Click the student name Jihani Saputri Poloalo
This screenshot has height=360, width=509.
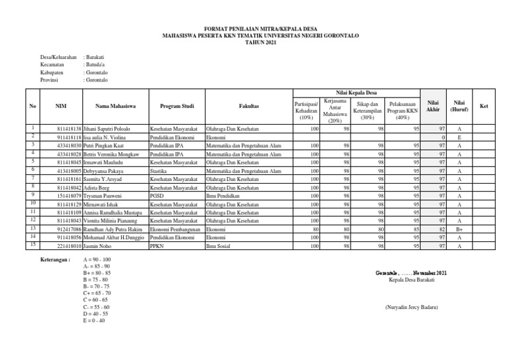[107, 129]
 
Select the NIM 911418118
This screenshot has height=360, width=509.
[70, 137]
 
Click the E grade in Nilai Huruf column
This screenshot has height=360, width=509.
[459, 137]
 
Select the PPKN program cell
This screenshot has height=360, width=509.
[158, 246]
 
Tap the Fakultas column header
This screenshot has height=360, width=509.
[249, 105]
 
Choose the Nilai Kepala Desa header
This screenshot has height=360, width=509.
[359, 92]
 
